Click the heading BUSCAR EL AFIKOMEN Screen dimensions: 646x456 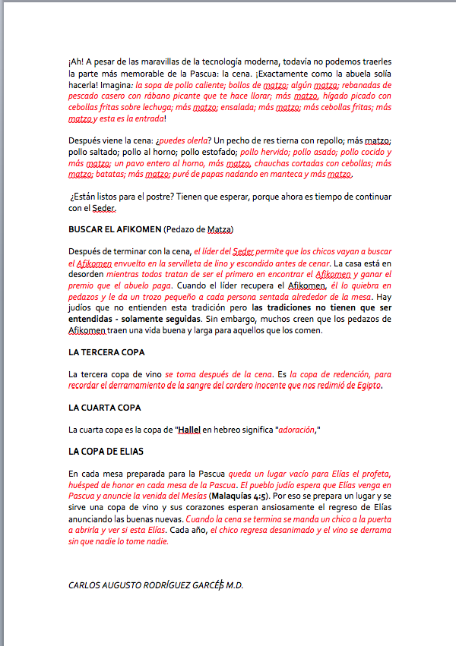(115, 229)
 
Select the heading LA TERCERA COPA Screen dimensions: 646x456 (106, 352)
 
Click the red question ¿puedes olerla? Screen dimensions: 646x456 (183, 141)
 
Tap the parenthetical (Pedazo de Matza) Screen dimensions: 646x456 (199, 229)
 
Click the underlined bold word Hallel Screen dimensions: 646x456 (189, 430)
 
